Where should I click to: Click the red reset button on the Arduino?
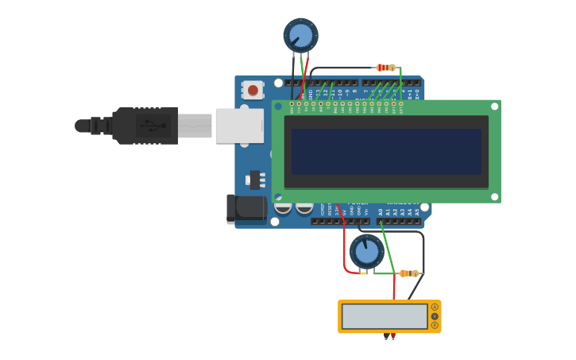click(x=253, y=90)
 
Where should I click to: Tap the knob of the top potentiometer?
click(x=301, y=35)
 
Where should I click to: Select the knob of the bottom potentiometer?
click(x=366, y=251)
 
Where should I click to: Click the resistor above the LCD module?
click(x=386, y=68)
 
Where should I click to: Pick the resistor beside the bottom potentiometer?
click(x=409, y=273)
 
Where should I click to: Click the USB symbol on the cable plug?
click(x=151, y=126)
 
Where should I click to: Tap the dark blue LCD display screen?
click(x=386, y=152)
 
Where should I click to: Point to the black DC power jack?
click(x=246, y=208)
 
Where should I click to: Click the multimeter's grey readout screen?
click(x=385, y=316)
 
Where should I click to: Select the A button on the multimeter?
click(x=435, y=307)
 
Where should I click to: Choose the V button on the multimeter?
click(x=435, y=316)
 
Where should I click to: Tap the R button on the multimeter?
click(x=435, y=325)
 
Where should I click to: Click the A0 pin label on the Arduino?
click(x=380, y=212)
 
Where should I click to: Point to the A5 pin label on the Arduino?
click(x=416, y=212)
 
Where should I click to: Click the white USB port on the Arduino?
click(x=239, y=126)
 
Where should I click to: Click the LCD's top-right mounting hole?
click(x=494, y=106)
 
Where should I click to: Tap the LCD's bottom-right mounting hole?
click(x=494, y=196)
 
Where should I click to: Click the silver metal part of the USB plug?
click(x=195, y=126)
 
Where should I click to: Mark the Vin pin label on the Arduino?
click(x=365, y=211)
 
